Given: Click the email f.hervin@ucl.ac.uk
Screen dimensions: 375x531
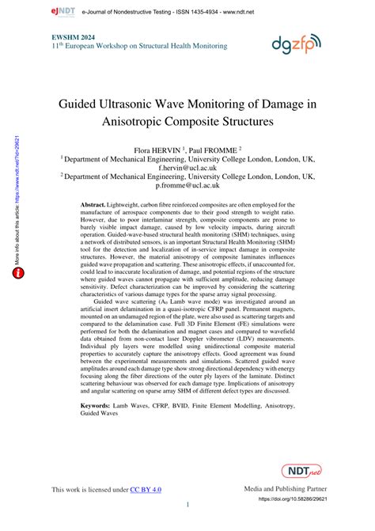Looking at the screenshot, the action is tap(187, 168).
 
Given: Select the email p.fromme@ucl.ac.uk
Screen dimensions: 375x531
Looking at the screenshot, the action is tap(187, 187).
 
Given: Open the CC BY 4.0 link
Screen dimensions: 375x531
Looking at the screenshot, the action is tap(146, 490).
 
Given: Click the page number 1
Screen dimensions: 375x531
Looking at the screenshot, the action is tap(187, 504).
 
